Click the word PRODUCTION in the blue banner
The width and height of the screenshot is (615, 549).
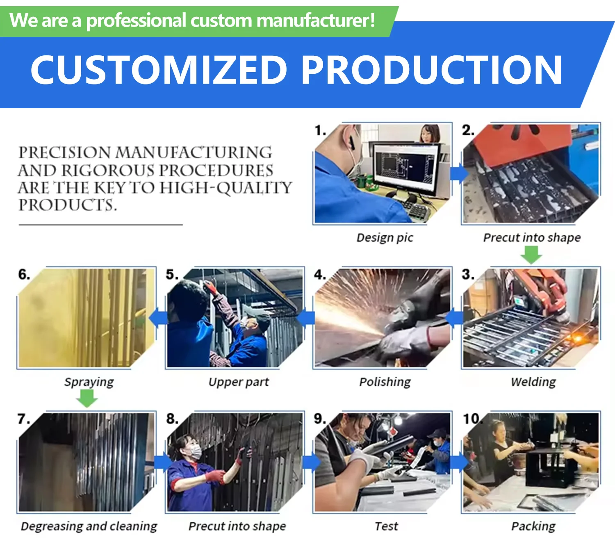point(431,70)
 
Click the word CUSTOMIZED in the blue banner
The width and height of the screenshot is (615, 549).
point(159,70)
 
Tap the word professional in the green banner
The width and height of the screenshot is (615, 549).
point(136,21)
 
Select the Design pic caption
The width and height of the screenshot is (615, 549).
point(385,238)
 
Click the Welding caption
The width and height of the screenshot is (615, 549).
point(533,382)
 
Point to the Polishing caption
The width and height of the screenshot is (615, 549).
point(385,382)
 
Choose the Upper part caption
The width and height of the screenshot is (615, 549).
point(239,382)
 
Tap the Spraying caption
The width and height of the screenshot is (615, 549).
point(89,382)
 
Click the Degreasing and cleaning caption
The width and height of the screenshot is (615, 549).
point(89,526)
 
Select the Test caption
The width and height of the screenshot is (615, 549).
point(386,526)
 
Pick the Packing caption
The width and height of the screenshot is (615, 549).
point(533,526)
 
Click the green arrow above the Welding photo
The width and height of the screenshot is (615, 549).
point(531,255)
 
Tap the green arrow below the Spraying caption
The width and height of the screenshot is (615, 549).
point(87,399)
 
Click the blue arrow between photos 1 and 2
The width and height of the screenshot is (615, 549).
point(460,173)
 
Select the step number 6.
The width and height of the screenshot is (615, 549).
point(24,275)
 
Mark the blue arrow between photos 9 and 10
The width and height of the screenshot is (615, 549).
point(460,462)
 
